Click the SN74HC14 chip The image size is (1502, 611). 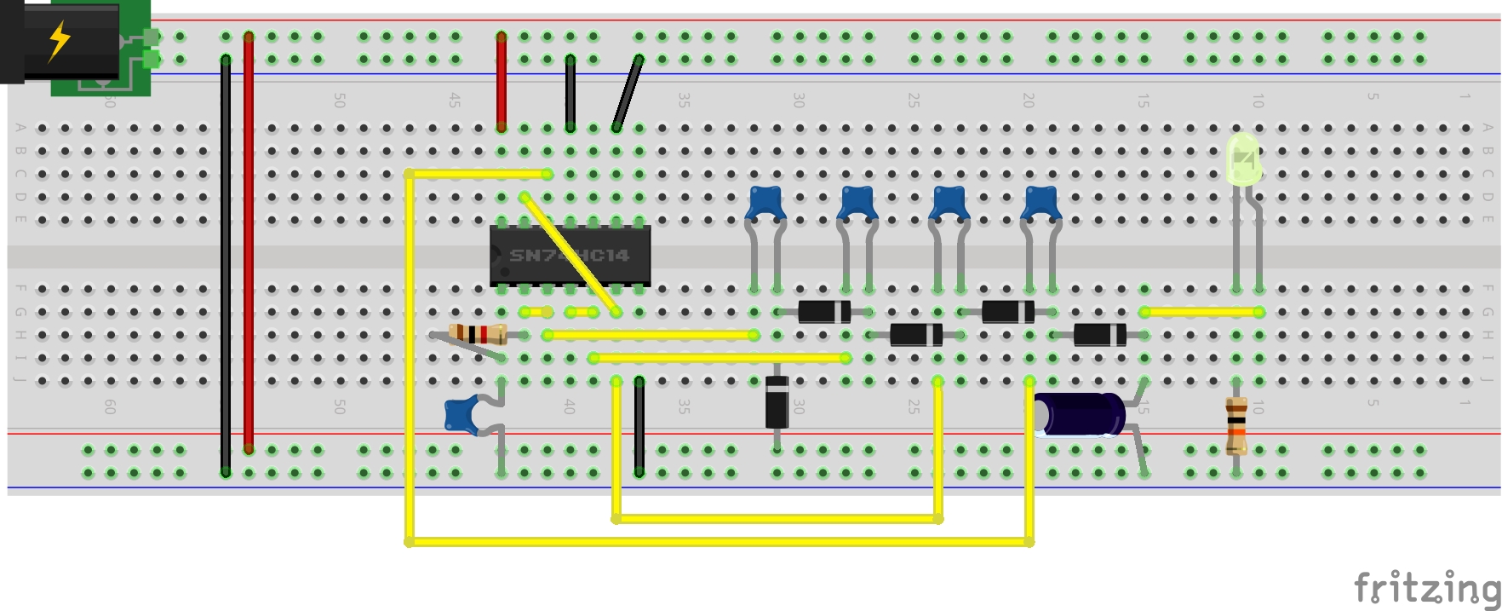(x=570, y=255)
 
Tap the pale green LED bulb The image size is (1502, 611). (x=1243, y=159)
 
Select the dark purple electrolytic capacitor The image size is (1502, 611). (x=1080, y=414)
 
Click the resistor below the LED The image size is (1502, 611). (x=1236, y=426)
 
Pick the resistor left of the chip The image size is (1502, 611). (x=478, y=334)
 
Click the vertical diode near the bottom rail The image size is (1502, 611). (x=777, y=401)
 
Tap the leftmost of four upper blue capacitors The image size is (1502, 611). (x=765, y=204)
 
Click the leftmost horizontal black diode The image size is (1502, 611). (x=823, y=312)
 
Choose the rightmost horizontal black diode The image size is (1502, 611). (x=1099, y=335)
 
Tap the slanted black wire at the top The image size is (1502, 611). (x=628, y=94)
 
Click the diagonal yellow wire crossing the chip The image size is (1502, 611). (x=569, y=254)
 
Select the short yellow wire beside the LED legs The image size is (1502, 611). (x=1201, y=312)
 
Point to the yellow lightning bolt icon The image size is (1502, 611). (x=59, y=40)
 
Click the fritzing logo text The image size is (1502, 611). (x=1426, y=588)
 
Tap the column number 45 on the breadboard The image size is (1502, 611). (x=456, y=101)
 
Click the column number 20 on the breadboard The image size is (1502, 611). (x=1029, y=101)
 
